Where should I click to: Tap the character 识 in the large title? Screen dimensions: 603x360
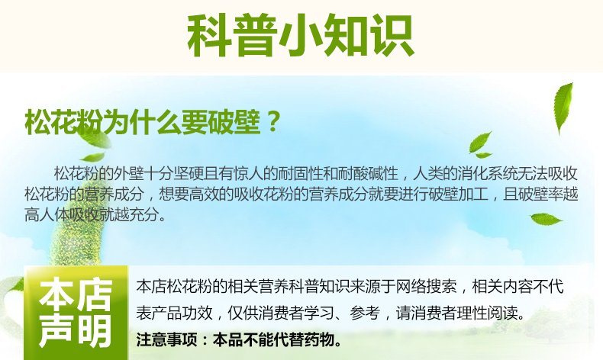point(392,35)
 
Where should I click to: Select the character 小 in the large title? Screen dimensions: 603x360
point(301,35)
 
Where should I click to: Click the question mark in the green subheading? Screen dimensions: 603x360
point(273,121)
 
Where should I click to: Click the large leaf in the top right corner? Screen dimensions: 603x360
point(563,108)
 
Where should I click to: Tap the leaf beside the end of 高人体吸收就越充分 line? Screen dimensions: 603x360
point(546,220)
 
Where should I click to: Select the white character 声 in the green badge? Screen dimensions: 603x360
point(56,330)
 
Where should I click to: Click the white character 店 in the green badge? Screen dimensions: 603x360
point(93,295)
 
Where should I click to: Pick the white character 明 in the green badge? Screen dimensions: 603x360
point(93,330)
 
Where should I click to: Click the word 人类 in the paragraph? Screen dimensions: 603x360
point(428,174)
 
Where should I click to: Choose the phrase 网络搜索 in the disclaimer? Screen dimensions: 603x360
point(427,287)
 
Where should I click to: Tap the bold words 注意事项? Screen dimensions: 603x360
point(166,339)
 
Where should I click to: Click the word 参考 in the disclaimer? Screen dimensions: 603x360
point(365,313)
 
